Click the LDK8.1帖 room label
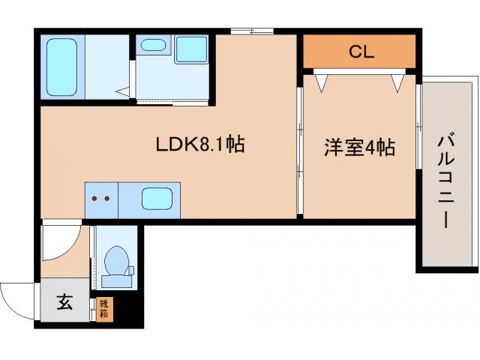pos(199,145)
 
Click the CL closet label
pos(361,52)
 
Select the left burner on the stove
pos(95,199)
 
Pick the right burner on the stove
pos(107,199)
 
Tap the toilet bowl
pos(116,262)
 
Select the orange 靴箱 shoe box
pos(103,310)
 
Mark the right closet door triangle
pos(397,83)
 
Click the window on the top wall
pos(250,31)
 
